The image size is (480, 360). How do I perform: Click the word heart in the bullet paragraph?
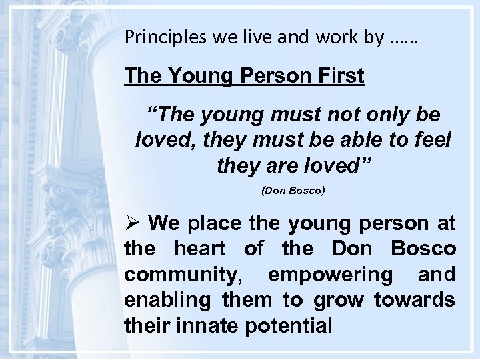pyautogui.click(x=196, y=248)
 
